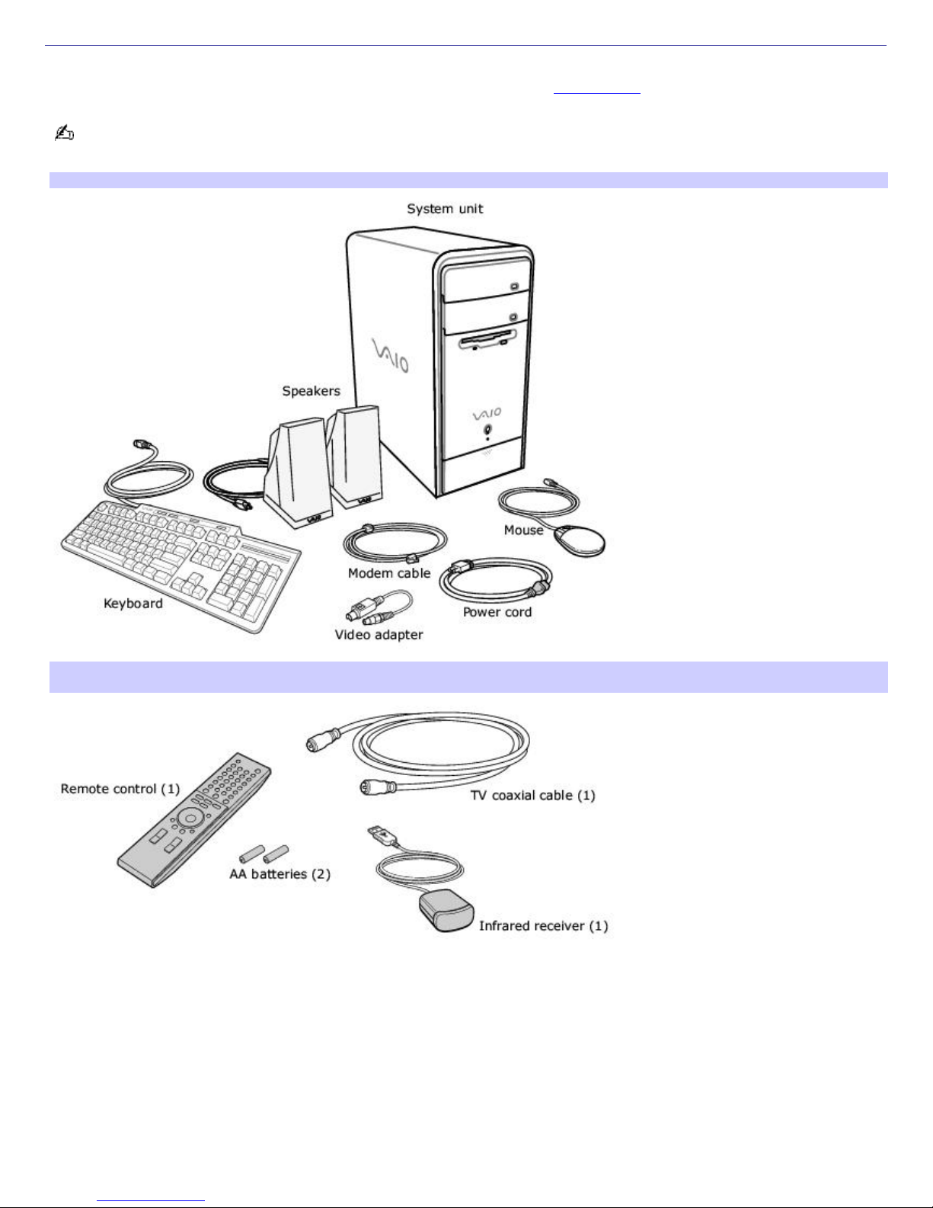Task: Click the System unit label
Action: pos(445,209)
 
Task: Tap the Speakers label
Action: pos(311,391)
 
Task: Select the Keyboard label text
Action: pos(133,604)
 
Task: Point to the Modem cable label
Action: pos(389,573)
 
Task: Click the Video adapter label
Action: pos(379,635)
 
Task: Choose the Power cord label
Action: pos(497,612)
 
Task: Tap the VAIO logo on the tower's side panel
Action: pos(391,355)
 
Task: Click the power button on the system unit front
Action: pos(487,429)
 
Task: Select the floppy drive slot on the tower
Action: pos(487,337)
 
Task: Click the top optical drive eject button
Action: pos(514,287)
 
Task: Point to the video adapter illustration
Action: pos(379,607)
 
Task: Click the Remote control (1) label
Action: pos(120,789)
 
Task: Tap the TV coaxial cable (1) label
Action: pos(533,796)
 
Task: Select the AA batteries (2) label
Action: pos(280,874)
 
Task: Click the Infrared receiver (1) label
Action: pos(544,926)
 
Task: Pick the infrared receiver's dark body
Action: pos(446,911)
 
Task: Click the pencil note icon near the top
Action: pos(64,133)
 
